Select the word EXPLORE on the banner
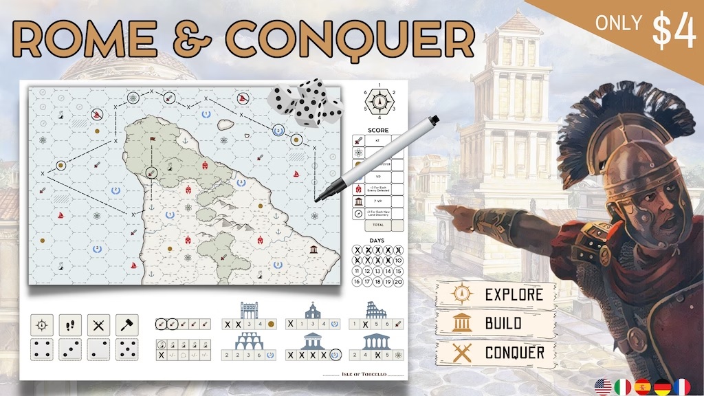[514, 295]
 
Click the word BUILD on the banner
[503, 323]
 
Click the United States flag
[604, 386]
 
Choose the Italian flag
[623, 386]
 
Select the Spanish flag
[642, 386]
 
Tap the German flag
[661, 386]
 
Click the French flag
[681, 386]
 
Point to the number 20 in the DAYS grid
[399, 281]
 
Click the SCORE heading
[377, 130]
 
